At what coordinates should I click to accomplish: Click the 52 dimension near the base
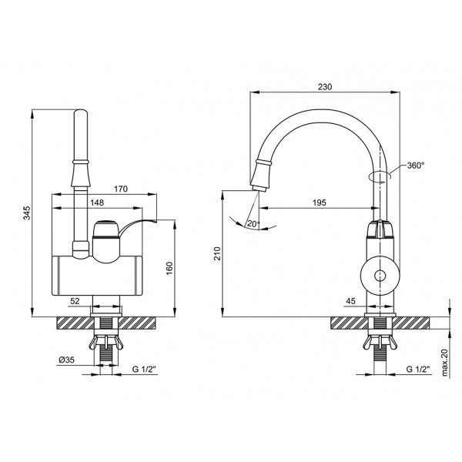pos(75,300)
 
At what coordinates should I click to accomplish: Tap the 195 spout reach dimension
pos(320,202)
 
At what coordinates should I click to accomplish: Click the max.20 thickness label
pos(444,362)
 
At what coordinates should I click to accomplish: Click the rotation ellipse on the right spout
pos(383,174)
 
